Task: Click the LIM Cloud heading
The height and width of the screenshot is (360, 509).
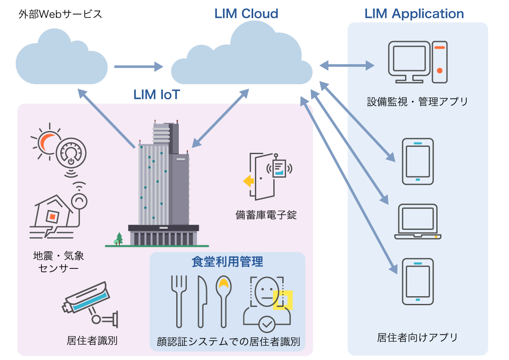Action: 246,14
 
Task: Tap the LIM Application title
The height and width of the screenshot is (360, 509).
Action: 414,14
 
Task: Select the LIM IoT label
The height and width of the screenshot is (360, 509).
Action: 157,95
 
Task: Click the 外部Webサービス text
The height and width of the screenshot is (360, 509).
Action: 60,14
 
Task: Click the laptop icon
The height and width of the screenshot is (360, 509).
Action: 418,222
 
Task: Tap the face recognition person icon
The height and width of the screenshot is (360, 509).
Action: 267,304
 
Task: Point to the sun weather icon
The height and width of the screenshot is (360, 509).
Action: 47,142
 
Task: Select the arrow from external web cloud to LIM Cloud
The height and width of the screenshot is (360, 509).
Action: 139,67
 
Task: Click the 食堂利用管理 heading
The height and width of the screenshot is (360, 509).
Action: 227,262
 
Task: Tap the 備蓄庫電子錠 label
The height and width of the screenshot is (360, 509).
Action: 266,215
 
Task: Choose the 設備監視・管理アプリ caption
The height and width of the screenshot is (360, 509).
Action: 417,102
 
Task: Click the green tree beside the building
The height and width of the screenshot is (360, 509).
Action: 119,238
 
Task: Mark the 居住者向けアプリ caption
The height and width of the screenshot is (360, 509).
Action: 417,338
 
